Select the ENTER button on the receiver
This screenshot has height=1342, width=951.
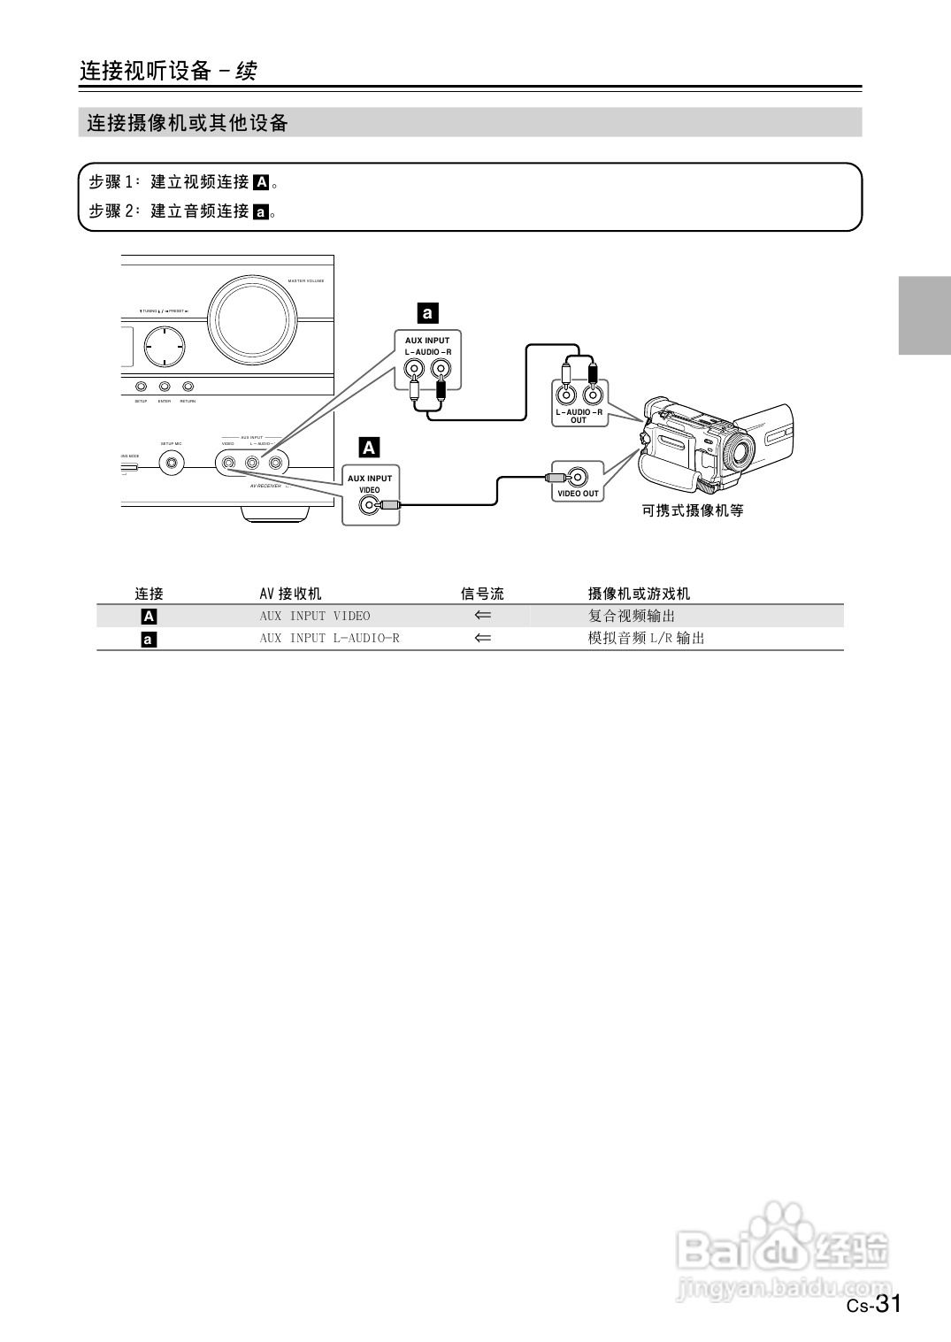point(165,387)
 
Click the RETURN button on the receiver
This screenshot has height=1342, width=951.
point(188,387)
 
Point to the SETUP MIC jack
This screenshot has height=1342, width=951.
point(172,462)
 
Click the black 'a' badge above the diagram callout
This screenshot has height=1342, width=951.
point(427,312)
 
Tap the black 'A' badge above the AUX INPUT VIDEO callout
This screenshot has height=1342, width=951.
point(369,448)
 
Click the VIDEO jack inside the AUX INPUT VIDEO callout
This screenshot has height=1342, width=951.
point(368,505)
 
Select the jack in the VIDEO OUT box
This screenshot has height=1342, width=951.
point(578,478)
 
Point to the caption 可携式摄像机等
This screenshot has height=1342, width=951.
point(693,510)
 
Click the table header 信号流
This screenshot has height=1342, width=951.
point(482,594)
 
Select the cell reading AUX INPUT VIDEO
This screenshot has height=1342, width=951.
point(315,616)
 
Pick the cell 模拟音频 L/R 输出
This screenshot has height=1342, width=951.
point(646,638)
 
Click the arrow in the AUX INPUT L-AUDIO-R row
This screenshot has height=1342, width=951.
point(482,638)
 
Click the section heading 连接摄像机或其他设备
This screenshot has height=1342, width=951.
point(188,123)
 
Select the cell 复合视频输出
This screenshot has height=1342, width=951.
point(632,616)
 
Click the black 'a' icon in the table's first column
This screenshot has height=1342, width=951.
point(149,639)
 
